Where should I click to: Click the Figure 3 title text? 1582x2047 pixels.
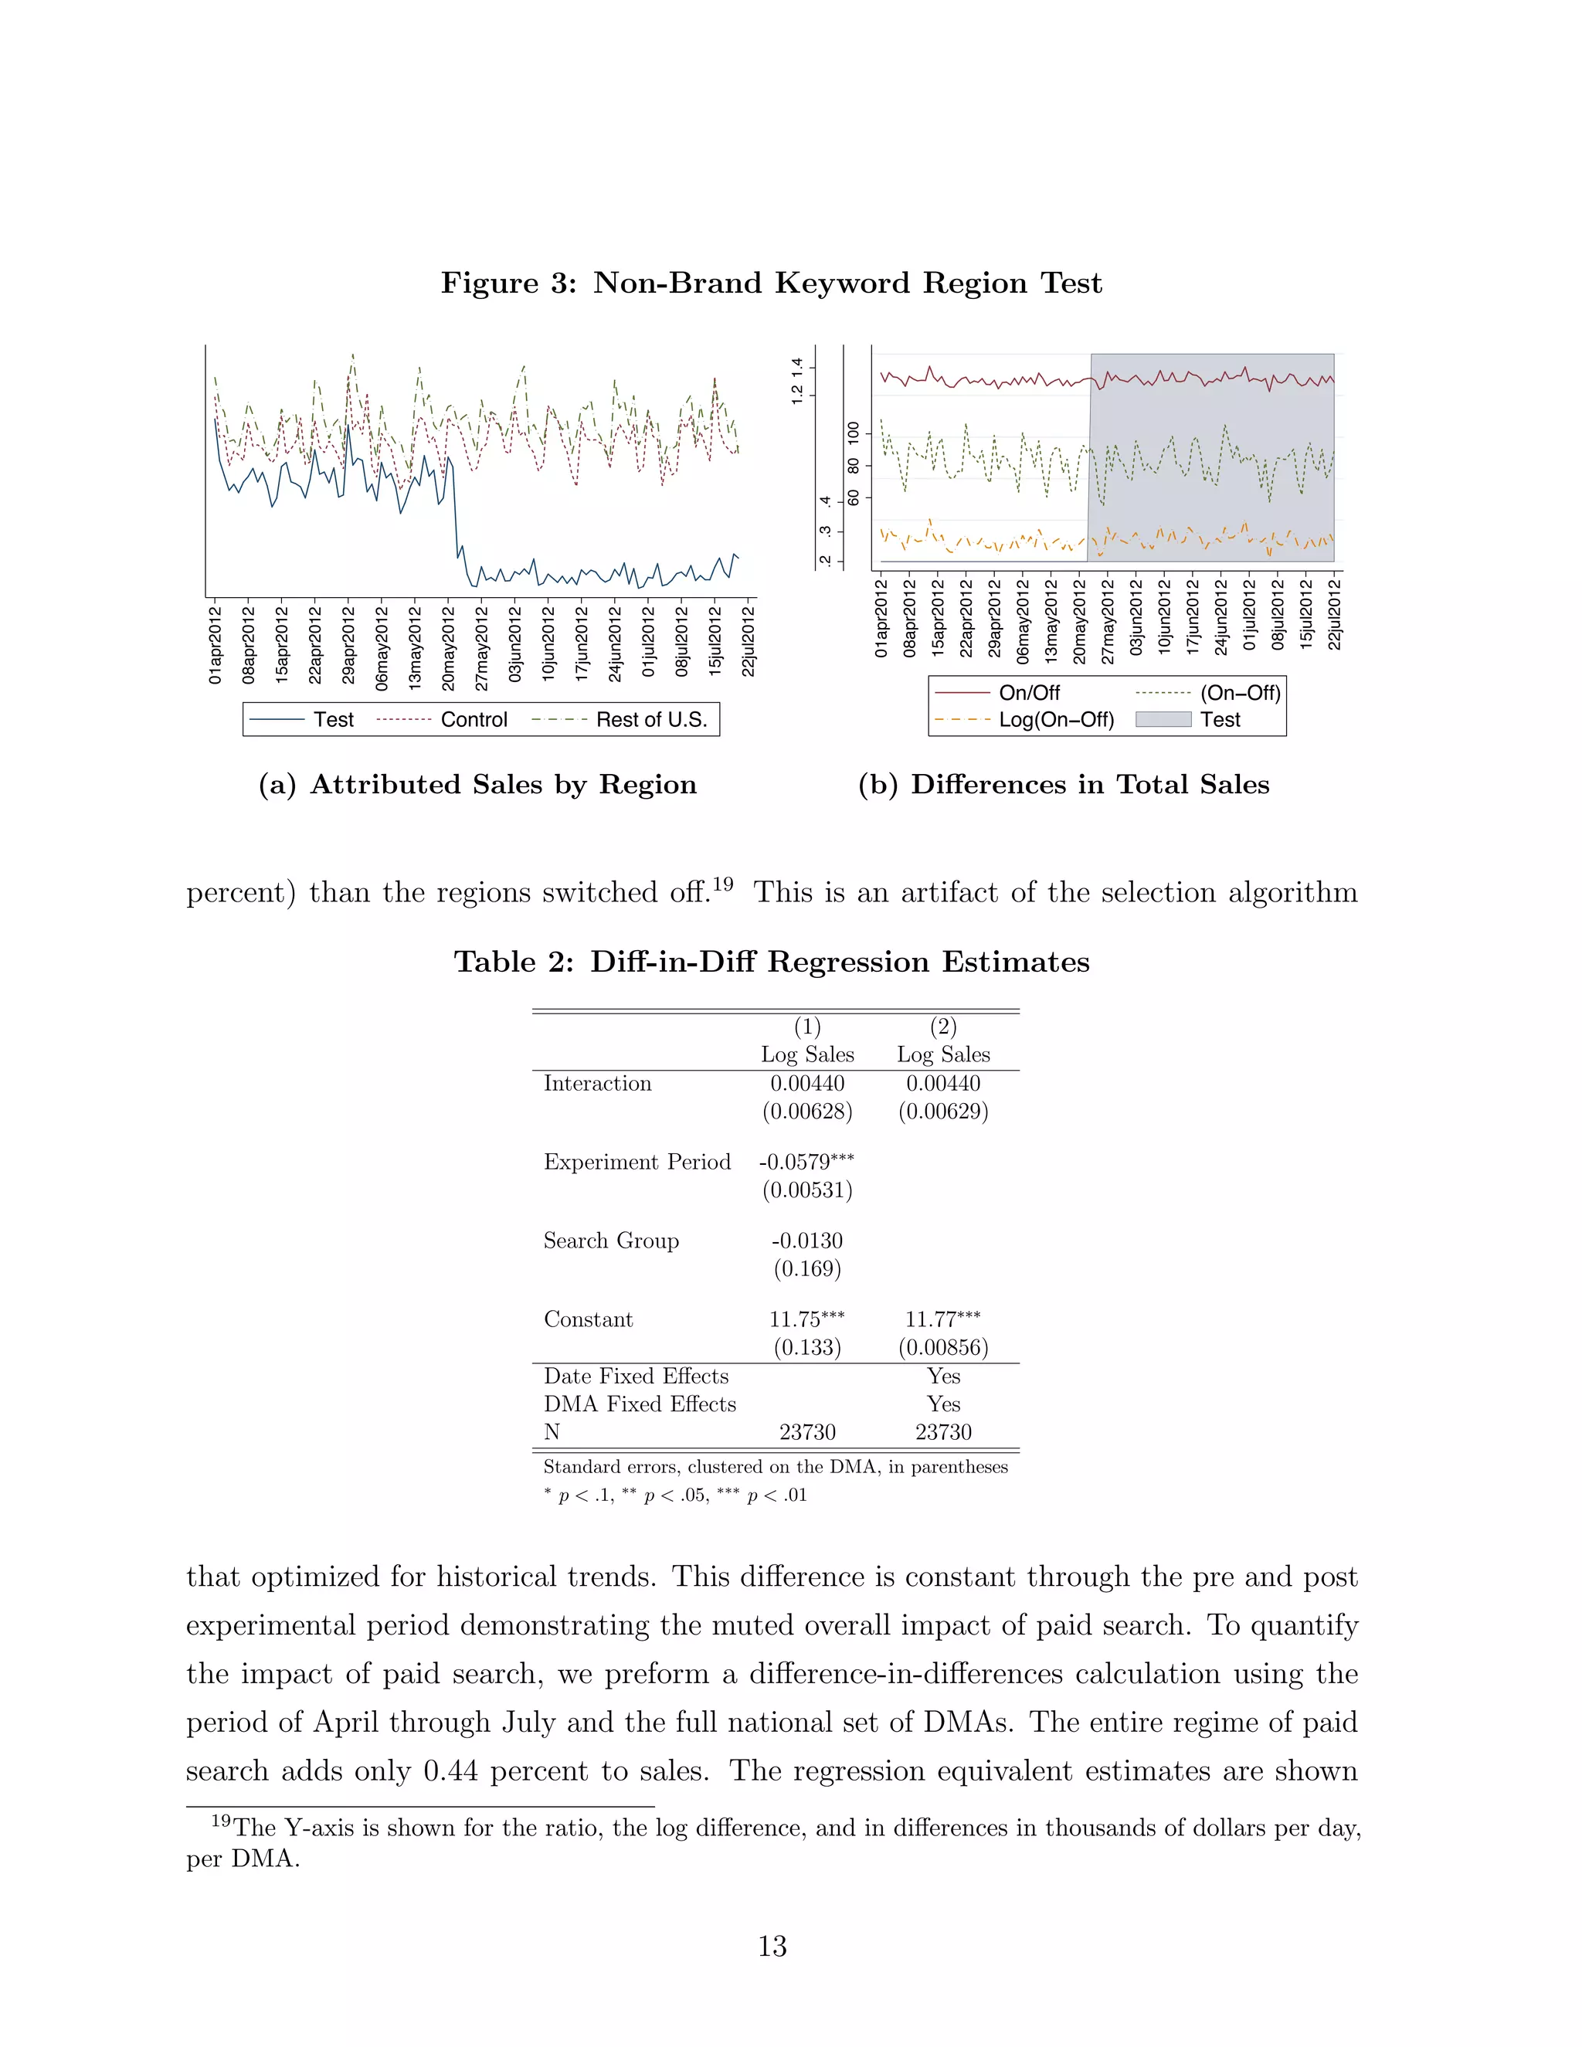point(772,283)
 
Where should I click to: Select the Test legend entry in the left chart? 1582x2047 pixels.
point(333,720)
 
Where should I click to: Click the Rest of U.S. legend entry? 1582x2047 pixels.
point(650,720)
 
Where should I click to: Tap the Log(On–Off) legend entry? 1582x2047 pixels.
point(1055,720)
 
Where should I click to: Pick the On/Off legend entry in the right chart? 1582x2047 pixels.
point(1028,693)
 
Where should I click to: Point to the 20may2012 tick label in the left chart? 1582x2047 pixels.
point(448,649)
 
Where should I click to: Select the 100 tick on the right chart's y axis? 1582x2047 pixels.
point(853,433)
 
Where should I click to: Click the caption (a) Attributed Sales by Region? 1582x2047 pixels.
point(478,785)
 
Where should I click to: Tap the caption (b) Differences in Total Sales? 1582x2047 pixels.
point(1064,785)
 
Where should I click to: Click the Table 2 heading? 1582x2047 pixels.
point(772,962)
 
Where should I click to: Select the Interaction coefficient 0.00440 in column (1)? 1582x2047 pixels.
point(807,1084)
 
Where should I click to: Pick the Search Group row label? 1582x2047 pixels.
point(611,1241)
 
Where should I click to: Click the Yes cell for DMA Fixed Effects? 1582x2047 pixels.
point(943,1404)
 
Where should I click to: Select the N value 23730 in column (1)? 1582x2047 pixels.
point(807,1432)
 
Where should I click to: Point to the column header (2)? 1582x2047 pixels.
point(943,1027)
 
